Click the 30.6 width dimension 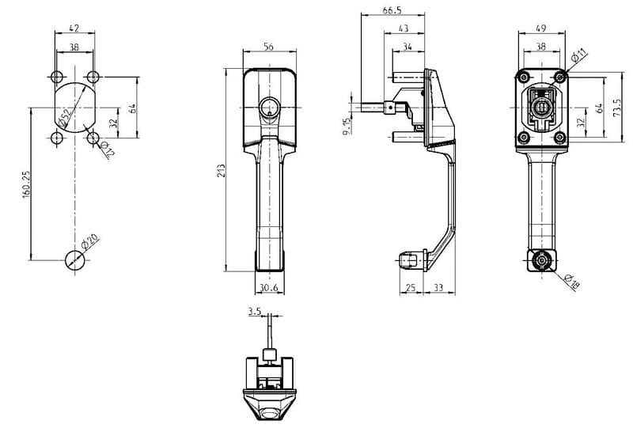pyautogui.click(x=267, y=288)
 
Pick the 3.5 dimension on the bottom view pyautogui.click(x=254, y=312)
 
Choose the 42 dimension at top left pyautogui.click(x=74, y=29)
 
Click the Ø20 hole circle pyautogui.click(x=74, y=258)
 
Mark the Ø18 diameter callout pyautogui.click(x=573, y=279)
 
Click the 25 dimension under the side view pyautogui.click(x=411, y=288)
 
